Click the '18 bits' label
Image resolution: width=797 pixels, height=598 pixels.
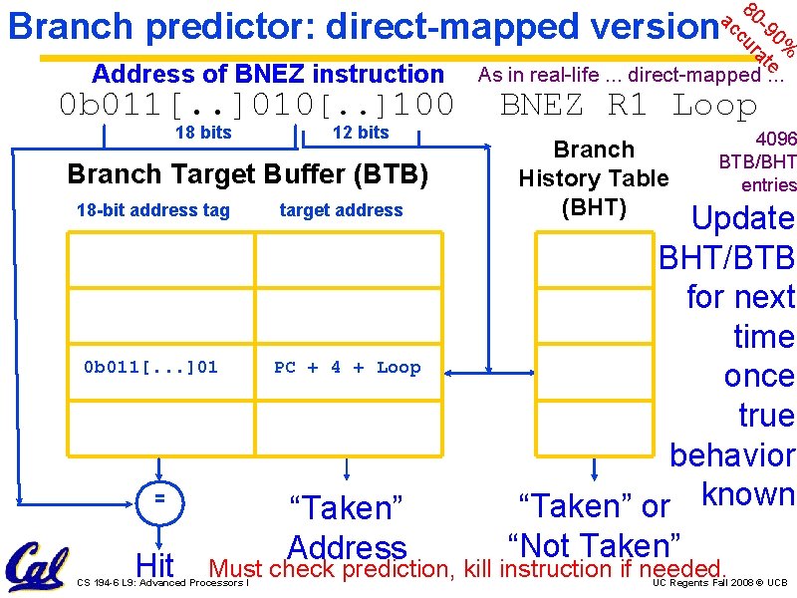pyautogui.click(x=202, y=133)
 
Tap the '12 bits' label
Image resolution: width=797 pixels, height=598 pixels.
pyautogui.click(x=360, y=133)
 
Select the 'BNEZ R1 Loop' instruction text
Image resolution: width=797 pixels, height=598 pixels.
pyautogui.click(x=629, y=105)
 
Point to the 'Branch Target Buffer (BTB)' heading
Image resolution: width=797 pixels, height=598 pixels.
pyautogui.click(x=247, y=174)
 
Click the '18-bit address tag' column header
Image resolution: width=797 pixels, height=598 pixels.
pyautogui.click(x=152, y=210)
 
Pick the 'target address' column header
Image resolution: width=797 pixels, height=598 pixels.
pyautogui.click(x=341, y=210)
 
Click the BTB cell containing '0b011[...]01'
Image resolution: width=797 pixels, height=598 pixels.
pyautogui.click(x=150, y=367)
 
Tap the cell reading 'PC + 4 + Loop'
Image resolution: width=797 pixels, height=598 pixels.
pyautogui.click(x=347, y=367)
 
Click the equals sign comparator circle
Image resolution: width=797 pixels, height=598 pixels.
pyautogui.click(x=157, y=495)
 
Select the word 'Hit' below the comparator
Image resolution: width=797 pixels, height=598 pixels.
pyautogui.click(x=155, y=565)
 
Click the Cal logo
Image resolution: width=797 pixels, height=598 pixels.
pyautogui.click(x=37, y=567)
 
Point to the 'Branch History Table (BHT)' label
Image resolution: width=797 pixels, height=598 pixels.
pyautogui.click(x=594, y=178)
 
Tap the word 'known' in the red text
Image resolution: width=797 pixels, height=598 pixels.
pyautogui.click(x=747, y=493)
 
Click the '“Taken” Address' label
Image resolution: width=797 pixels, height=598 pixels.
pyautogui.click(x=346, y=527)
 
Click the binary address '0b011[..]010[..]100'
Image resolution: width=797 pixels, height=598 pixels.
pyautogui.click(x=256, y=105)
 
